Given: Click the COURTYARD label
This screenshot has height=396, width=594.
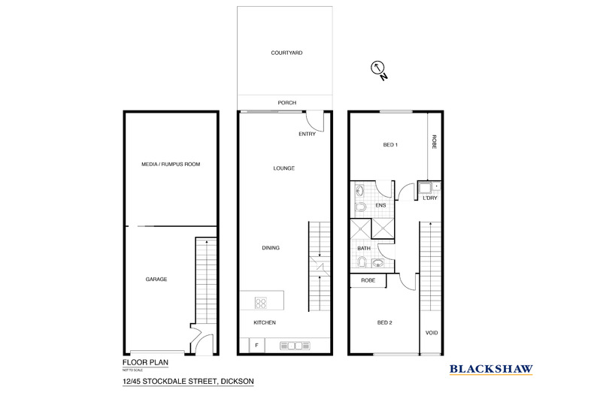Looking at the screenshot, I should [x=285, y=53].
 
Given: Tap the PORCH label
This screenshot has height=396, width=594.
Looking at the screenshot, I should [x=286, y=103].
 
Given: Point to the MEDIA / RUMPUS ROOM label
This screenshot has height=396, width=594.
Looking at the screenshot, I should [x=171, y=164].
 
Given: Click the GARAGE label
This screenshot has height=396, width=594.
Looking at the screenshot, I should [x=156, y=279].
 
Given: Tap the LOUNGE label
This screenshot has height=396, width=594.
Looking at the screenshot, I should [x=283, y=168].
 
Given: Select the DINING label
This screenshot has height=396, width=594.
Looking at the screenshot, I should [x=271, y=248].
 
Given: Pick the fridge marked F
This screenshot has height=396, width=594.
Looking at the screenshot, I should [x=256, y=345].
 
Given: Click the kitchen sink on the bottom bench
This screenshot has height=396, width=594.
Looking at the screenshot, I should [x=294, y=345].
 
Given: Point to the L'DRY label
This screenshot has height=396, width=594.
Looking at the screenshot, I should [x=431, y=198].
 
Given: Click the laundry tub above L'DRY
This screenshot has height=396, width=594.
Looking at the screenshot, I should [x=426, y=186].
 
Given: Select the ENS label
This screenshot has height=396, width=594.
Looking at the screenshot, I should [x=381, y=204].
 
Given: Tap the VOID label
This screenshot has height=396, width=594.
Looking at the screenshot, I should [x=432, y=332].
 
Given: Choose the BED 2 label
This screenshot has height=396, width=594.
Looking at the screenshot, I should [x=385, y=323].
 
